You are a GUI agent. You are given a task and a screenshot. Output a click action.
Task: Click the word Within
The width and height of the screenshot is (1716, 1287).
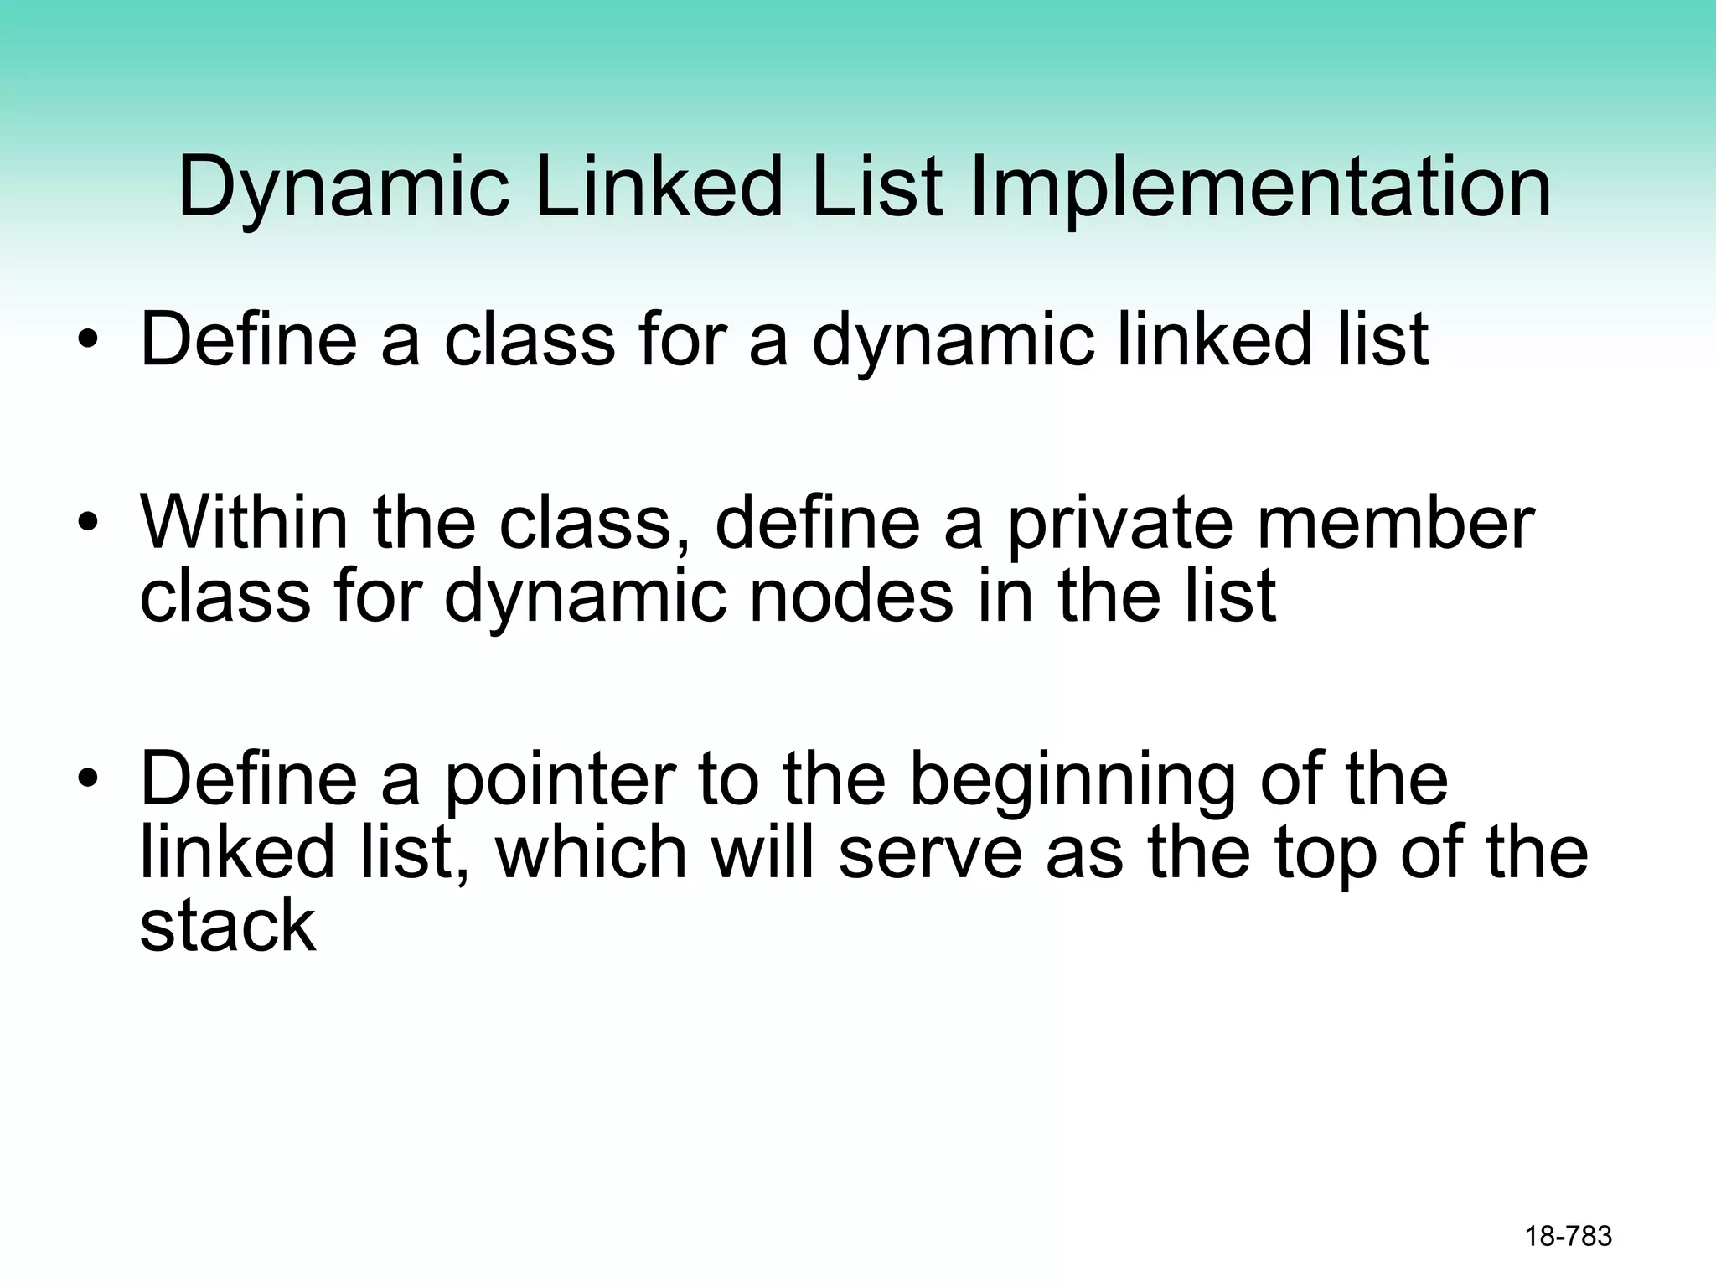point(244,523)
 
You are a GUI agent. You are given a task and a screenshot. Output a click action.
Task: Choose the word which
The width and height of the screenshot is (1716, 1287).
point(590,852)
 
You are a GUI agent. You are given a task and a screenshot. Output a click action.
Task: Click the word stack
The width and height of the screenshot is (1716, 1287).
point(228,925)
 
